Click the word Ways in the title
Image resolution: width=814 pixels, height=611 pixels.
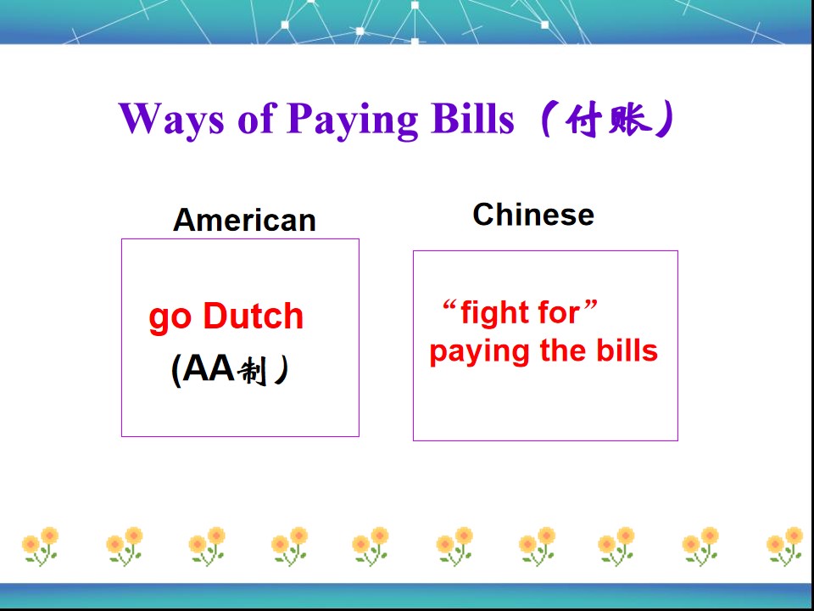(x=171, y=118)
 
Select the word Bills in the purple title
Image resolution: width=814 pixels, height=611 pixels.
(x=471, y=118)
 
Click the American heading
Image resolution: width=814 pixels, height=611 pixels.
(x=244, y=221)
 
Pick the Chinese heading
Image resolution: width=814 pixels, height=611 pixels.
(x=533, y=215)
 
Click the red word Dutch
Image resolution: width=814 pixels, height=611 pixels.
(x=254, y=317)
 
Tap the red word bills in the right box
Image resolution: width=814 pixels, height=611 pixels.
(x=627, y=350)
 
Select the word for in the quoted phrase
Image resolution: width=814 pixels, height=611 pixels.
(x=557, y=313)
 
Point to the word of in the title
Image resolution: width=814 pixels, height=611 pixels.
(x=256, y=118)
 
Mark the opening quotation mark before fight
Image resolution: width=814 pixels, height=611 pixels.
(x=449, y=305)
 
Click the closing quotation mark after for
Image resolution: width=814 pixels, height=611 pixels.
(x=591, y=305)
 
